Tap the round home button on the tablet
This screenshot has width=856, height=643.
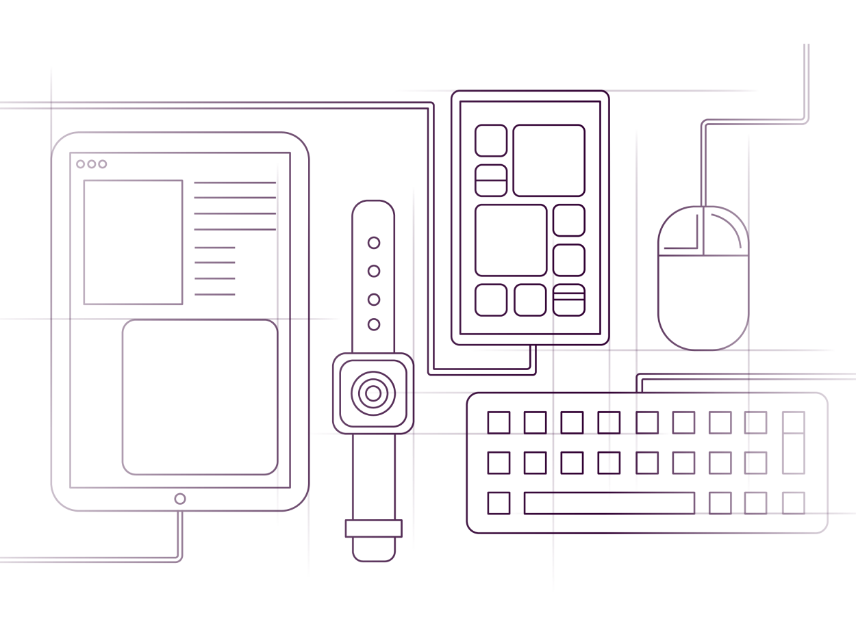[180, 499]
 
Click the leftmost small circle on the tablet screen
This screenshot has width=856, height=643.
[81, 164]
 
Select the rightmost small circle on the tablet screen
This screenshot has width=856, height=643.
[103, 164]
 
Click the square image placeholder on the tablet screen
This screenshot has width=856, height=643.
[133, 242]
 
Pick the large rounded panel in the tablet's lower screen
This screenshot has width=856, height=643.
[200, 397]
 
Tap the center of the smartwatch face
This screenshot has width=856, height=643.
[373, 393]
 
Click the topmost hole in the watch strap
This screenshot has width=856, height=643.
[374, 242]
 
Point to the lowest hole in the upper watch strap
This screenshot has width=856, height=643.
[374, 324]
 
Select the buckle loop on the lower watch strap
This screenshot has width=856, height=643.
[373, 529]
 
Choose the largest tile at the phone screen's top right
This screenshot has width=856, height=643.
[549, 160]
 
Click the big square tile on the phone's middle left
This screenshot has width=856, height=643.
[511, 239]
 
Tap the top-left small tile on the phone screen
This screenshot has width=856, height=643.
[491, 140]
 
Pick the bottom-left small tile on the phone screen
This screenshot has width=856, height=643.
[491, 300]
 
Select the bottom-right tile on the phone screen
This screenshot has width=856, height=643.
[569, 300]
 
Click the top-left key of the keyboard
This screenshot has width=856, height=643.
[499, 422]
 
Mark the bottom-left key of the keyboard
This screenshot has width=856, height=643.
[499, 503]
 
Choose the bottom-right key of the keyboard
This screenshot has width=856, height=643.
[794, 503]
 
